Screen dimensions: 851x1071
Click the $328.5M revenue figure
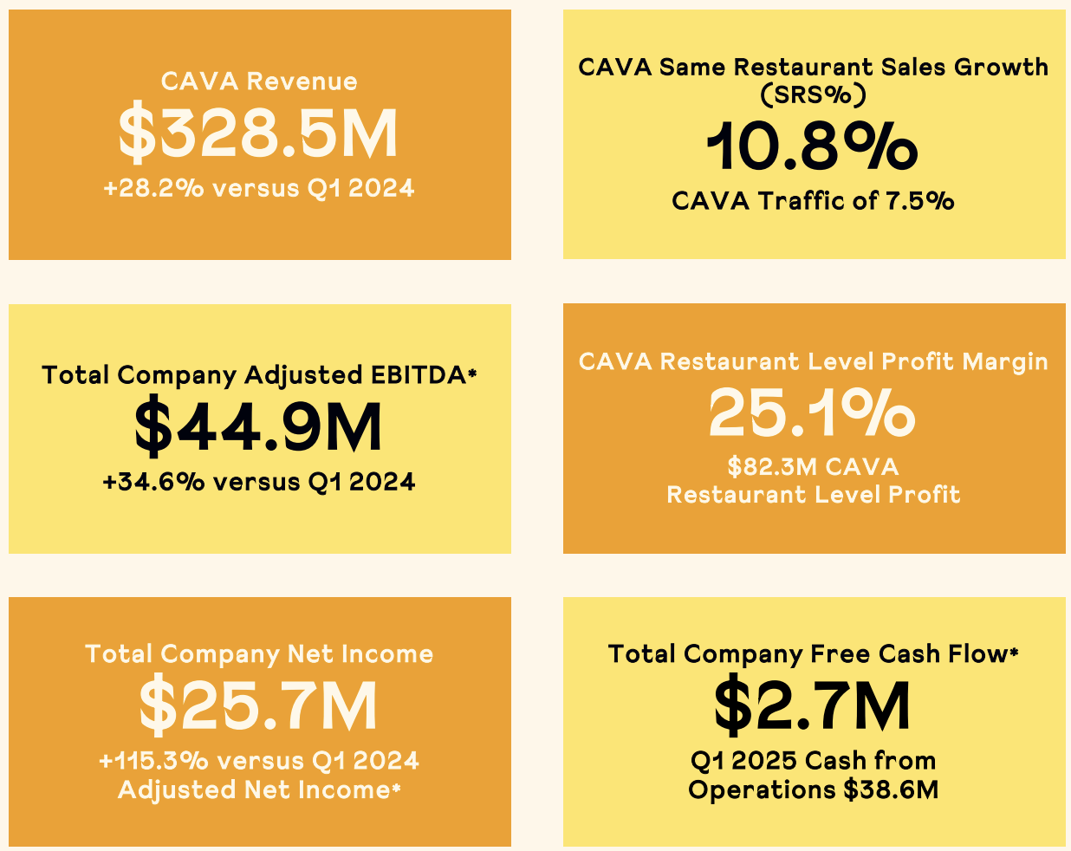click(258, 133)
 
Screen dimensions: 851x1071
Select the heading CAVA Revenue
click(259, 81)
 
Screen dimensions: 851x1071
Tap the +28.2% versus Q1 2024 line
click(259, 188)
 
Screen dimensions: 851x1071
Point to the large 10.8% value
click(813, 146)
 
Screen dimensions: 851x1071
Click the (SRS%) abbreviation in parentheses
click(813, 94)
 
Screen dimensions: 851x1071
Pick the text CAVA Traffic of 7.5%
click(813, 201)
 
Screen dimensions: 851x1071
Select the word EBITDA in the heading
click(419, 375)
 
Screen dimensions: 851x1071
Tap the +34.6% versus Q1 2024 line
click(259, 482)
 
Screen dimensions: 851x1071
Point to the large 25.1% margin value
click(813, 413)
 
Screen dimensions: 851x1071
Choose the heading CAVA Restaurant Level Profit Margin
click(813, 362)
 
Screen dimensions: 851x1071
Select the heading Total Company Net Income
click(259, 654)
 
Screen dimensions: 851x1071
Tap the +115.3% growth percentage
click(154, 761)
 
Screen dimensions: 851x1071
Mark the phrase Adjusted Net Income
click(254, 790)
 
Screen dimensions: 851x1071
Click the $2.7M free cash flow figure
click(813, 707)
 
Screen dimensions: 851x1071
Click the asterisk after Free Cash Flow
click(1014, 652)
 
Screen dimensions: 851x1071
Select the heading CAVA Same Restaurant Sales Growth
click(813, 68)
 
